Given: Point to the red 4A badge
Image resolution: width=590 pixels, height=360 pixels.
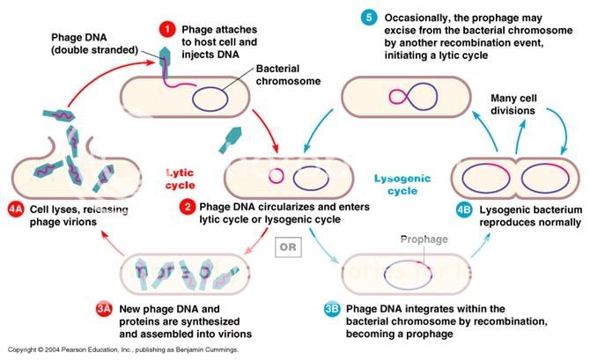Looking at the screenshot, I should click(x=16, y=209).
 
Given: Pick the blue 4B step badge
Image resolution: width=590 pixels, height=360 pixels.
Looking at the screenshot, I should click(x=466, y=209).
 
